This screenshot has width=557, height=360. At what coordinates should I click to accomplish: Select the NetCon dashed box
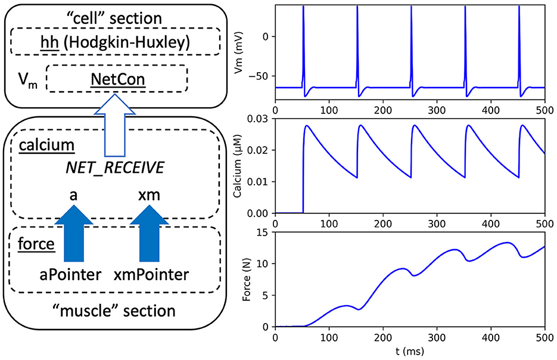point(117,78)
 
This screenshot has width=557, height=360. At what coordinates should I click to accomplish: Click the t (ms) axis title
point(410,352)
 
